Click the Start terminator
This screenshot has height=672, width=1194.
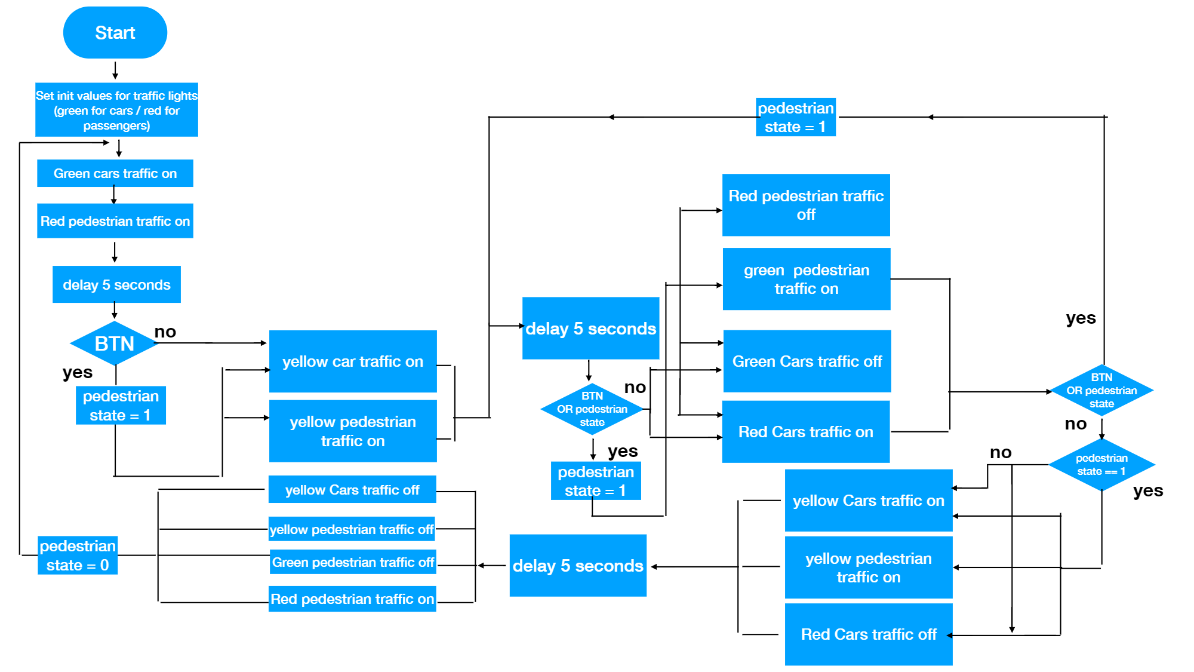[x=115, y=32]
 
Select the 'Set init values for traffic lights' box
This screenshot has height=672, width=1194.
[x=116, y=110]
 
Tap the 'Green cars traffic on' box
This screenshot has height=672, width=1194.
[x=115, y=173]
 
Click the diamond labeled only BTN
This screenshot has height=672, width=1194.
[x=114, y=343]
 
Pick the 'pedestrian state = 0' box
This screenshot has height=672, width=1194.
[x=78, y=555]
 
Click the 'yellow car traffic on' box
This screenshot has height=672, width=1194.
[x=353, y=361]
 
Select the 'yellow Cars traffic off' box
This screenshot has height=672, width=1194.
[x=352, y=489]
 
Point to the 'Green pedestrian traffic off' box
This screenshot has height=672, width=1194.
[x=353, y=562]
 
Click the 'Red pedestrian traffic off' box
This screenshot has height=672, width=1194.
[x=806, y=205]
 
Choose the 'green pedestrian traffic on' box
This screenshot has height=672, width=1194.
[x=806, y=279]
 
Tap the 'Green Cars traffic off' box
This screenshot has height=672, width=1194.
[x=807, y=361]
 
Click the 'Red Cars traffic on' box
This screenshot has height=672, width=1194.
[x=805, y=431]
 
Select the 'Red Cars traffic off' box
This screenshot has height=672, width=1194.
[x=868, y=634]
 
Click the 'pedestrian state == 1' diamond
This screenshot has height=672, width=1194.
[x=1101, y=465]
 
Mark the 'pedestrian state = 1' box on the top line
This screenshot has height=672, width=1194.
[x=795, y=117]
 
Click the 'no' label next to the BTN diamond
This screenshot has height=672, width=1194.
[x=165, y=332]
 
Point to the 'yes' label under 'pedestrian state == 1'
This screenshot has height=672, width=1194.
[x=1147, y=490]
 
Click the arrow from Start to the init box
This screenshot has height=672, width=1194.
[x=115, y=70]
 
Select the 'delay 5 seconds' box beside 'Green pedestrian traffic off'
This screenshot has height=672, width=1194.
[x=578, y=565]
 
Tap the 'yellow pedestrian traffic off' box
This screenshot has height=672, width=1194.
[x=352, y=529]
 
